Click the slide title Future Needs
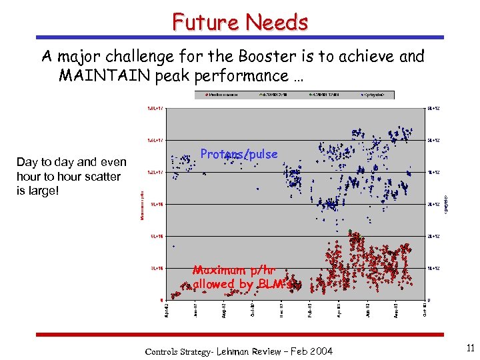(x=240, y=22)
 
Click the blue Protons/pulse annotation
(x=239, y=154)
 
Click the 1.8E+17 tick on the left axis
(x=153, y=108)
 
